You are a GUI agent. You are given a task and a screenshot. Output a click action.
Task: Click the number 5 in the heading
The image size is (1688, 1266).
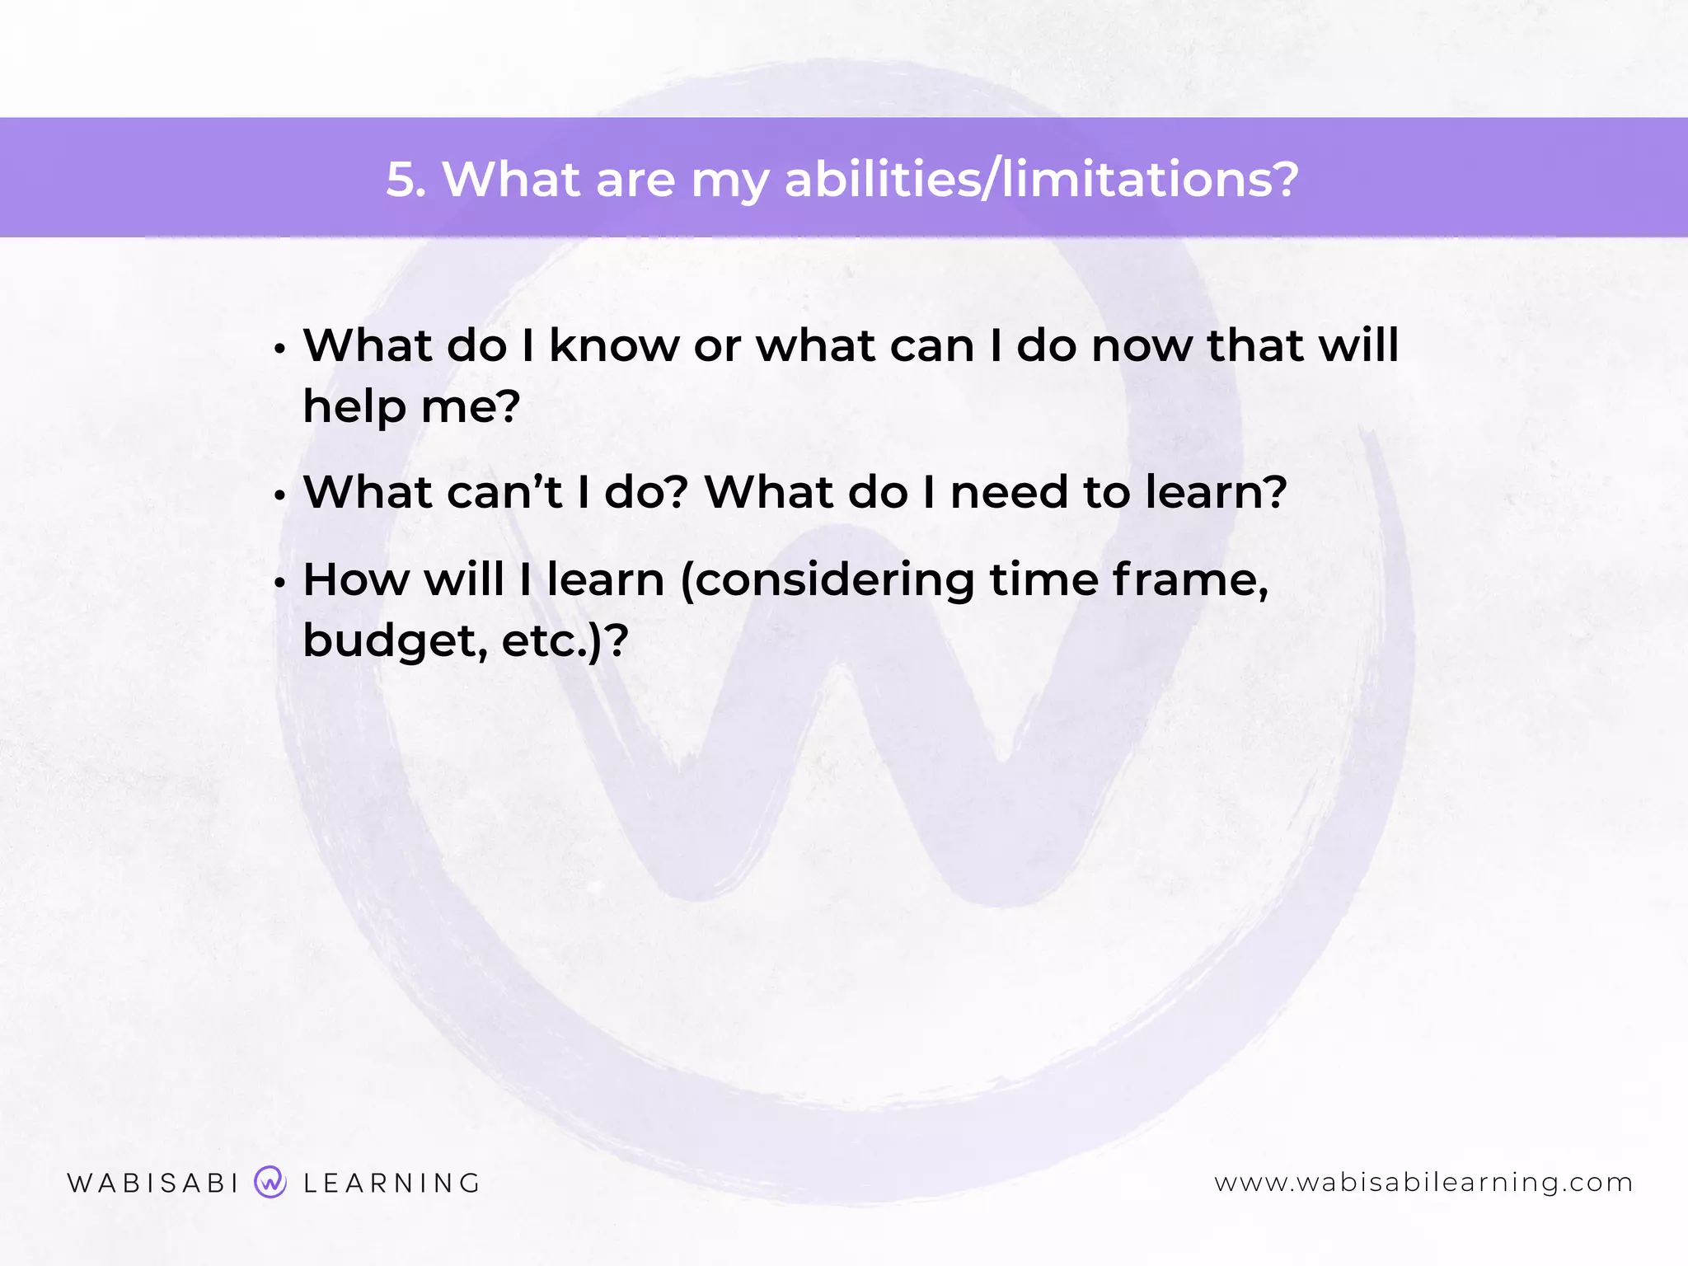pos(404,179)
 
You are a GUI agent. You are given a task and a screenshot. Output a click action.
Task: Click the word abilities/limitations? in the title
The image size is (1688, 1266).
pos(1041,179)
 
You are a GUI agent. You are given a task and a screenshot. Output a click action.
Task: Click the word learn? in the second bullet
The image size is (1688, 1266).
pos(1216,492)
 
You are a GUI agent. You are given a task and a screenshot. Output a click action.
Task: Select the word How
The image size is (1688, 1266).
pos(356,579)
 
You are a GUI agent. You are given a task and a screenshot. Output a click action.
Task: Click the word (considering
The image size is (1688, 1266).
pos(828,581)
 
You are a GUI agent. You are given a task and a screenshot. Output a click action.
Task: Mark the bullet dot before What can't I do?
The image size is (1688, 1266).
pos(280,496)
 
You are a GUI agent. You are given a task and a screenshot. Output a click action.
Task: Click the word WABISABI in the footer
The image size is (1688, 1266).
pos(153,1183)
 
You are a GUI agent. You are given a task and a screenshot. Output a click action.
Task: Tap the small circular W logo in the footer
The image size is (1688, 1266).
pos(270,1182)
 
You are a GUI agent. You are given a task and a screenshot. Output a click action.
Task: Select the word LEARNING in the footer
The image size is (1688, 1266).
pos(392,1183)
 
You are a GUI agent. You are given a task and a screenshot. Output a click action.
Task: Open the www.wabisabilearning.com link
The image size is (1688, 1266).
pos(1423,1183)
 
